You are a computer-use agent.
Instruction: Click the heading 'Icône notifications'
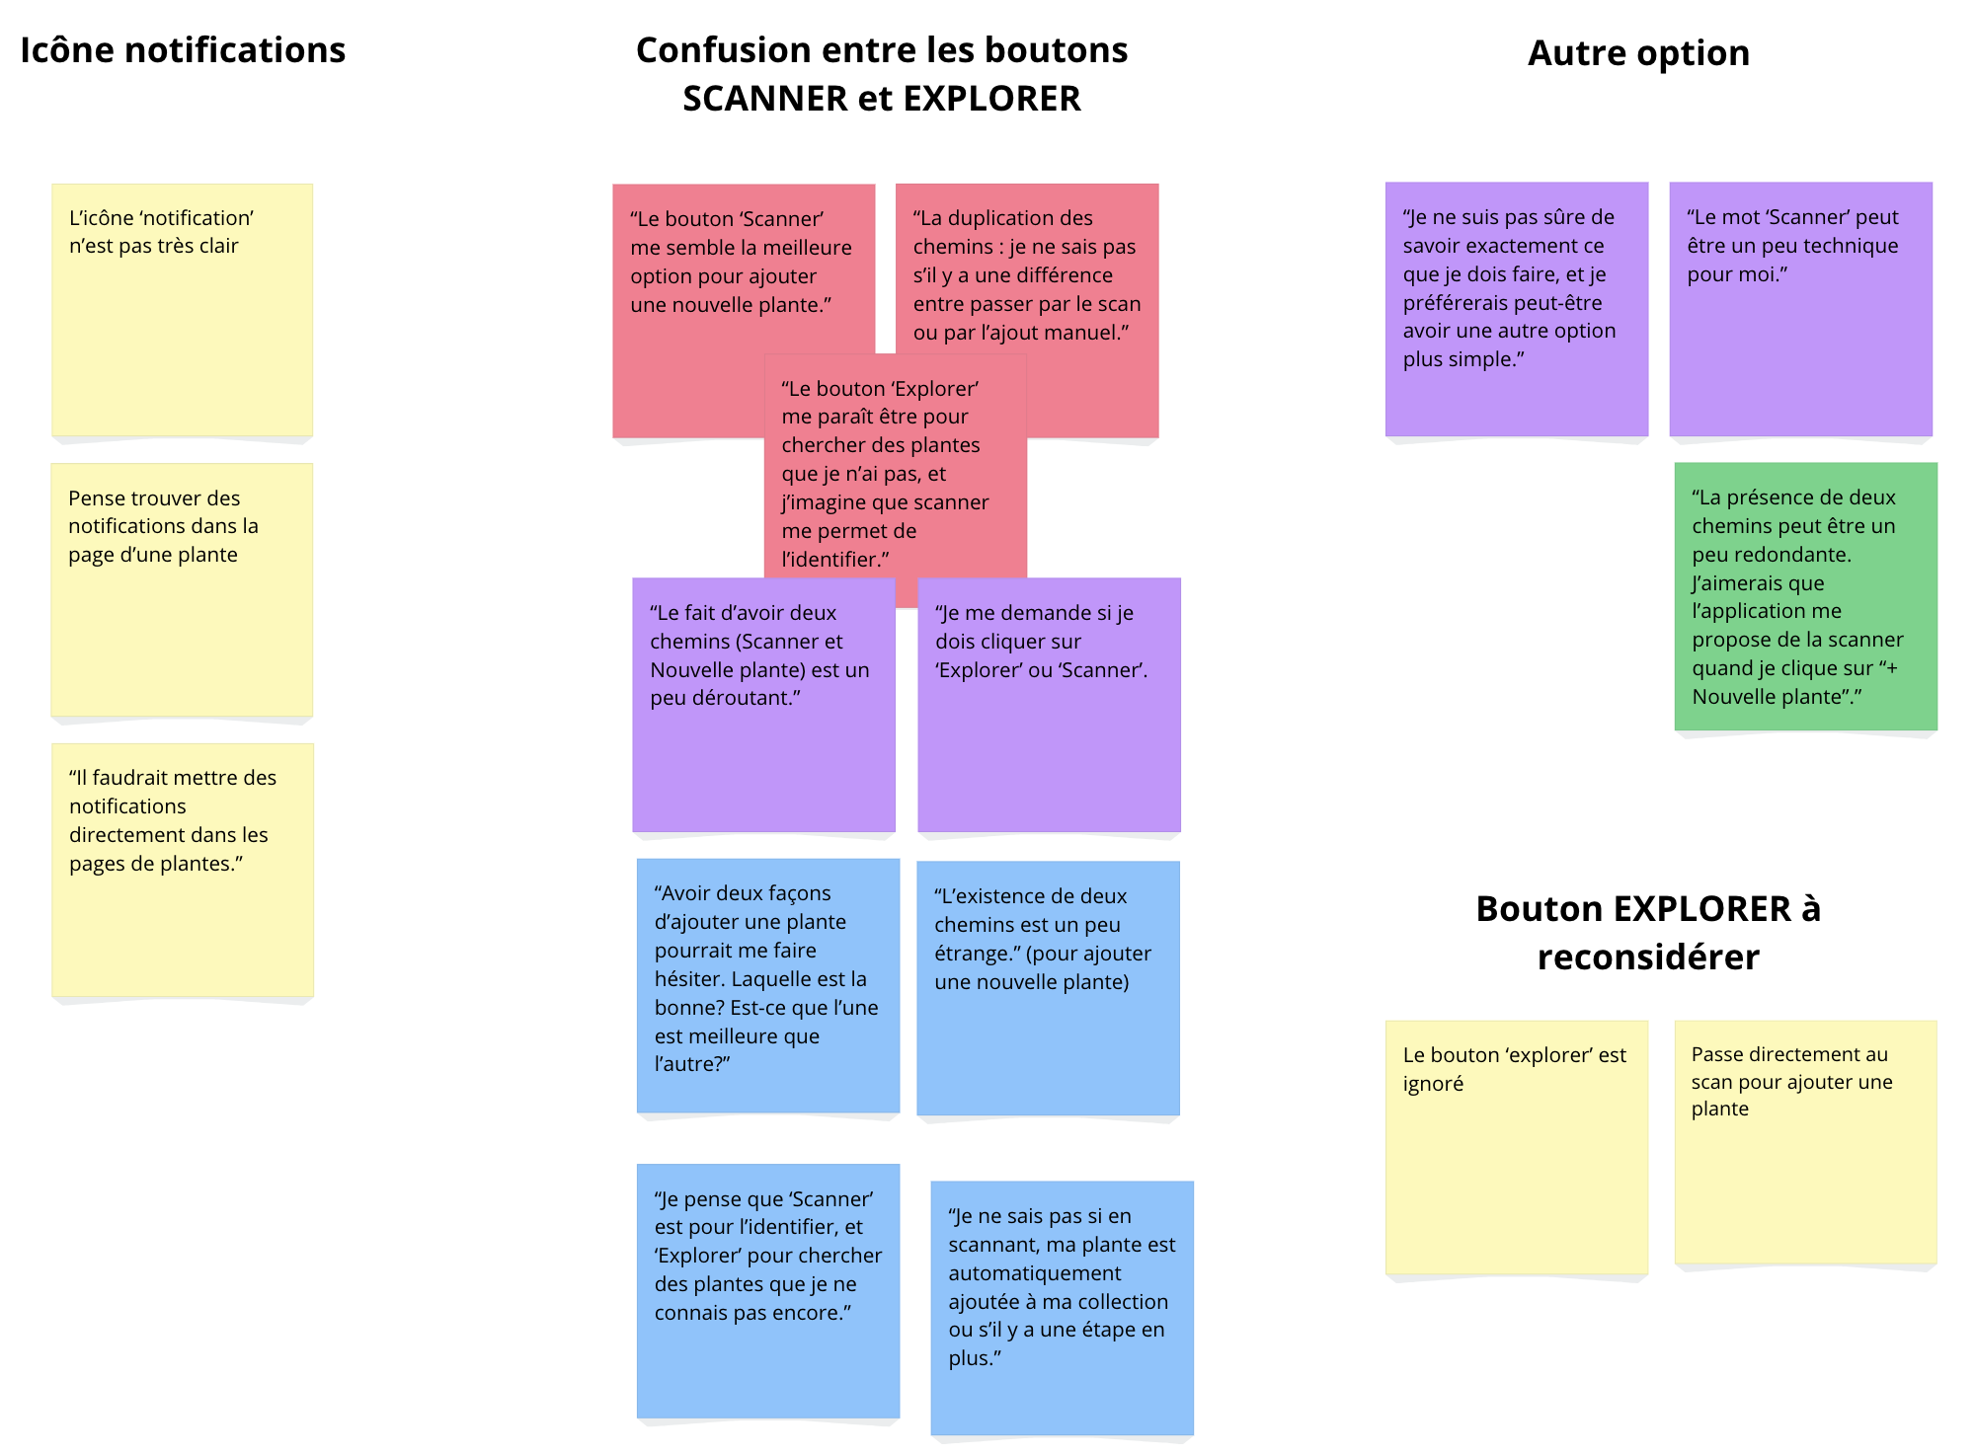click(183, 50)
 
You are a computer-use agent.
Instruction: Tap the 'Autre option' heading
click(1637, 53)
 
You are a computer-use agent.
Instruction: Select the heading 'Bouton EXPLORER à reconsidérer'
click(1647, 932)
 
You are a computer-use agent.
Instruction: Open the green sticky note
click(1805, 596)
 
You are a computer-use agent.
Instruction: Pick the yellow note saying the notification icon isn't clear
click(183, 309)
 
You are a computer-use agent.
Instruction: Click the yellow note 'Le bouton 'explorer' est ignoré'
click(1516, 1146)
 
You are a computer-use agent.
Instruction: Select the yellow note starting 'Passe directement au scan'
click(1805, 1141)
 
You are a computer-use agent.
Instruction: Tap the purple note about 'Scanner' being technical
click(1800, 308)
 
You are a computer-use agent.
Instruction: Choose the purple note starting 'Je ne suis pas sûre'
click(1516, 308)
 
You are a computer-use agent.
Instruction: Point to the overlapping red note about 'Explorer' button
click(895, 474)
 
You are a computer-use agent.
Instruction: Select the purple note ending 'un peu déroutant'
click(763, 704)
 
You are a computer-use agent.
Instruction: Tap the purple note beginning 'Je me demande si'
click(1049, 704)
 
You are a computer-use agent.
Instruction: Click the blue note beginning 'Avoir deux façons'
click(767, 984)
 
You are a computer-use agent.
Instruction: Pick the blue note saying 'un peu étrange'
click(1048, 987)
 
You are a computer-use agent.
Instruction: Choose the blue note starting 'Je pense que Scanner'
click(767, 1290)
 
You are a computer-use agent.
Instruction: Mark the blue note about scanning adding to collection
click(1062, 1307)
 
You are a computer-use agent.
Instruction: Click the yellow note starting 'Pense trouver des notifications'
click(183, 589)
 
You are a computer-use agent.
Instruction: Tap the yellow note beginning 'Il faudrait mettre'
click(183, 869)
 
